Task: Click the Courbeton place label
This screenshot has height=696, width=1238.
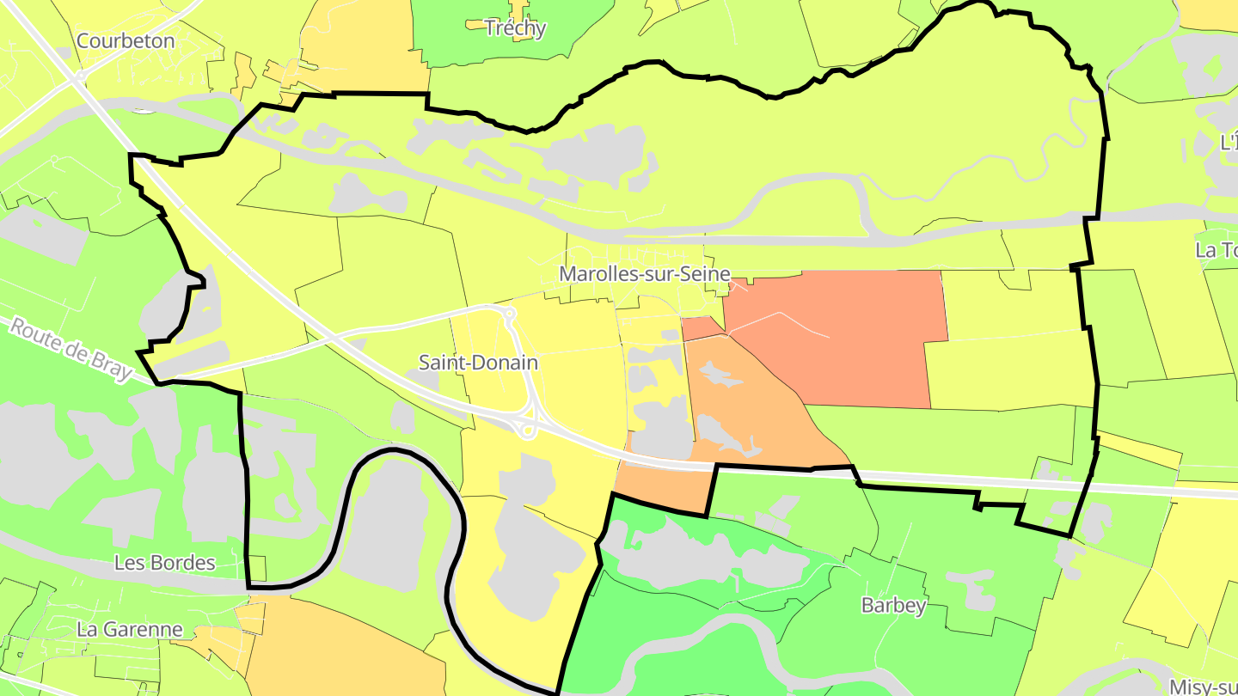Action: (126, 40)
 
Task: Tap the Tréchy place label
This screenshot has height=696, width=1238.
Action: (515, 28)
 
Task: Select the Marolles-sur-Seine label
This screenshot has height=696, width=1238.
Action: (644, 274)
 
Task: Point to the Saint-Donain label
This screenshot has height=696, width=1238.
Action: (478, 363)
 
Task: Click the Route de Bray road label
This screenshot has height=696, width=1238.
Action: (70, 349)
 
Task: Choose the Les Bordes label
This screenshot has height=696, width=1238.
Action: (164, 563)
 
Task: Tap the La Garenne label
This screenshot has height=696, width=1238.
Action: (130, 629)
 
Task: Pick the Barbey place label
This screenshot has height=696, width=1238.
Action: (893, 606)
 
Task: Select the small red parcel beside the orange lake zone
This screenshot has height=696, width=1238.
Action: (701, 327)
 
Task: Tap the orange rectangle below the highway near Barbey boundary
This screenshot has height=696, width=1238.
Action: (662, 490)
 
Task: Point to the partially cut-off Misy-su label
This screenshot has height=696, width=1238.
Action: (1204, 687)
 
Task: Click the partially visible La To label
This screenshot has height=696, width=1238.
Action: (1217, 250)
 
